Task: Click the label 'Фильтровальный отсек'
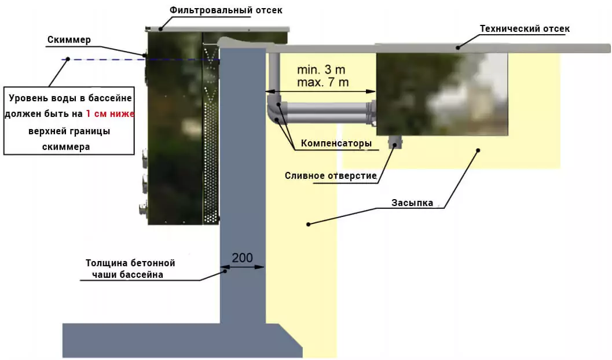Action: point(226,10)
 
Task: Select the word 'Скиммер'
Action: point(69,40)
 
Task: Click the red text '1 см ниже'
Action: point(110,114)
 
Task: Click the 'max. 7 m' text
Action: point(323,82)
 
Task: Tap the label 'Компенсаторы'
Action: point(336,144)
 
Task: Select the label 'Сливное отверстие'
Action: point(331,176)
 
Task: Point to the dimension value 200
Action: point(242,258)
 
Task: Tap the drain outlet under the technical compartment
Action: point(396,141)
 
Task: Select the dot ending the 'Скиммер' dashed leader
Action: point(67,59)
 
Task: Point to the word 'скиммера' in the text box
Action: point(66,146)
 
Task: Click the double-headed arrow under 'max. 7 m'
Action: point(321,91)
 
